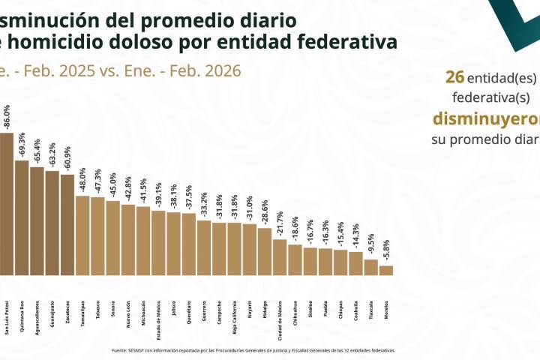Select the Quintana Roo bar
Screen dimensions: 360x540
22,217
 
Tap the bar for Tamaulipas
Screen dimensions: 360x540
82,235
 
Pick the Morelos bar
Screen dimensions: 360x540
385,270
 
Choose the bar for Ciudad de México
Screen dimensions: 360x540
279,257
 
